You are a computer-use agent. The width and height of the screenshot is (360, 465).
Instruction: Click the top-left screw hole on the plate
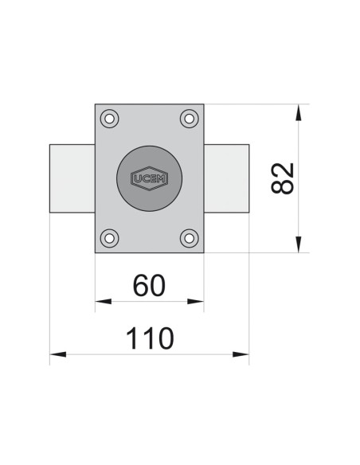tap(110, 119)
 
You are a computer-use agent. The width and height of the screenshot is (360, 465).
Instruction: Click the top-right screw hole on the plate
tap(189, 119)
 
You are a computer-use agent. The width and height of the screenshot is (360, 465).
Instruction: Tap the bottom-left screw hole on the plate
tap(110, 237)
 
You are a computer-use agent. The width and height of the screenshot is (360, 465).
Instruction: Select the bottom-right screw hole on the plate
tap(189, 237)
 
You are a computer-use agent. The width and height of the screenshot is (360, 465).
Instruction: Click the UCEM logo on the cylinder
tap(149, 178)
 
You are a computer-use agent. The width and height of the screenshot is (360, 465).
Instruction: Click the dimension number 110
tap(150, 338)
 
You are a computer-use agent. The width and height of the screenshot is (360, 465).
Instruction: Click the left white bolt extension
tap(72, 178)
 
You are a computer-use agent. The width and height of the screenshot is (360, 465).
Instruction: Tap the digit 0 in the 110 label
tap(163, 338)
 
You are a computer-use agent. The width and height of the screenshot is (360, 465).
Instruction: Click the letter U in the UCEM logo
tap(135, 178)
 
